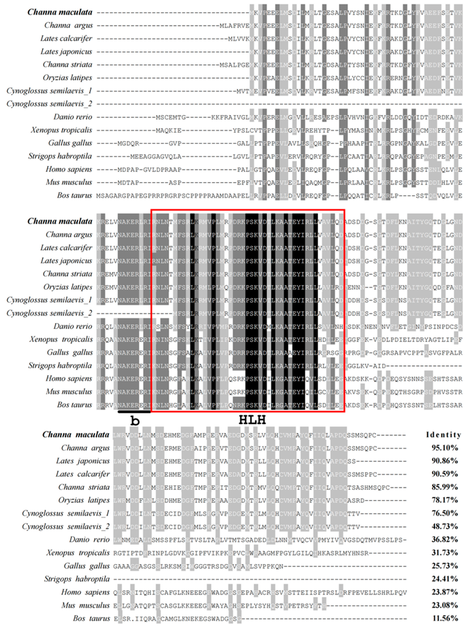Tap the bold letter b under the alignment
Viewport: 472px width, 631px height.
pos(135,421)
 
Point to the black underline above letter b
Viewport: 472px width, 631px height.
pos(134,412)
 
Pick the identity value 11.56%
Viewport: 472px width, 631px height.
pos(445,618)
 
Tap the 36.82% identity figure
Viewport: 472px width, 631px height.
pos(445,540)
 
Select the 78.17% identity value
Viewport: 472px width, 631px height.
pos(445,500)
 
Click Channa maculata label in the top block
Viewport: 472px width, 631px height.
pos(60,12)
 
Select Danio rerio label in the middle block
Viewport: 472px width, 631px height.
pos(73,326)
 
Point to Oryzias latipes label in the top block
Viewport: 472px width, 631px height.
pos(68,78)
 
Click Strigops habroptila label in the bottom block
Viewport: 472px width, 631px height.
pos(77,579)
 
